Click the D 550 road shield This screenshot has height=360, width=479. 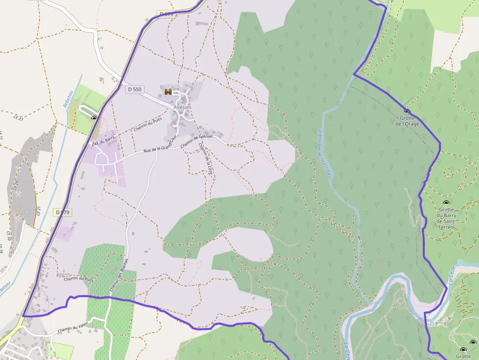(134, 89)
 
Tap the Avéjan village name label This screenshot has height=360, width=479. (183, 107)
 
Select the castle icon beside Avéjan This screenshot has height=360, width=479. (168, 91)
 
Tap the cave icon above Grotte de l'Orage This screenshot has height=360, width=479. (407, 111)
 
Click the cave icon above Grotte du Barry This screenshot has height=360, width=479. (445, 202)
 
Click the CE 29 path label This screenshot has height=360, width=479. (16, 185)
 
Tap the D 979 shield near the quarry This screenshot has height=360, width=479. (63, 212)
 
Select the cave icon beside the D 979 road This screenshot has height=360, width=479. (94, 118)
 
